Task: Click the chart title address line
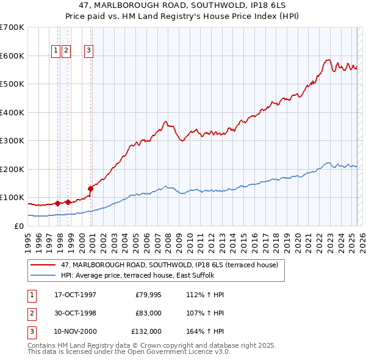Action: point(182,5)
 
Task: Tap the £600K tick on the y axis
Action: point(12,56)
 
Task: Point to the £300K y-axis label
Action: point(12,141)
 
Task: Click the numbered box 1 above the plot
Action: point(56,51)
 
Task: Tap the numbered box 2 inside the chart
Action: point(66,51)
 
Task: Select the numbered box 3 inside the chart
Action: point(89,51)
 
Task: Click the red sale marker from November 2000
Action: point(91,188)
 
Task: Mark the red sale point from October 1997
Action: point(58,203)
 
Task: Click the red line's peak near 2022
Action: point(328,60)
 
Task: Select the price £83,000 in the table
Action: point(146,313)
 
